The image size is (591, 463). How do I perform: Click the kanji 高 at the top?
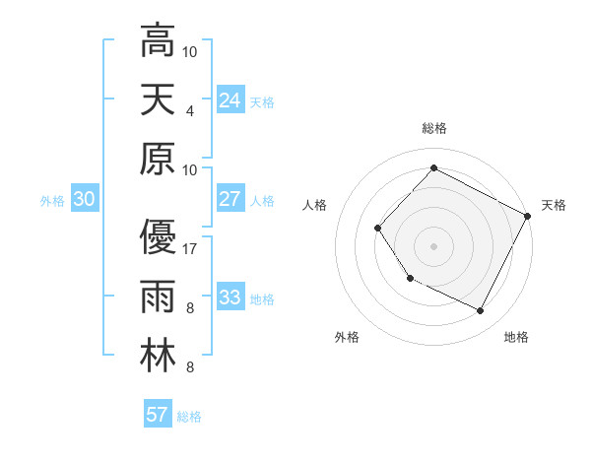coord(158,40)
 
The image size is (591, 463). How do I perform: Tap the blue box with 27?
coord(230,199)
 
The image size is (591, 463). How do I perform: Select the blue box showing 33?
coord(230,298)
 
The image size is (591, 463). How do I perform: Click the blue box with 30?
coord(85,199)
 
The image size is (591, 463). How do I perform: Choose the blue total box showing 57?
coord(158,415)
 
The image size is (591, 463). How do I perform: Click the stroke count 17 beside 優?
coord(191,249)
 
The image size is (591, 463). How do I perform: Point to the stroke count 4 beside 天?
coord(190,110)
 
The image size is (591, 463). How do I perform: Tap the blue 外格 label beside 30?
coord(52,200)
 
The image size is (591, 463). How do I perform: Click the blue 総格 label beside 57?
coord(189,416)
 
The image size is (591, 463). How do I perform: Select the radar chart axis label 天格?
coord(554,205)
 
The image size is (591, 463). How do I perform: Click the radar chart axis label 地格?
coord(516,337)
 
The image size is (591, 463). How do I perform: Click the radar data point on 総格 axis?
coord(433,167)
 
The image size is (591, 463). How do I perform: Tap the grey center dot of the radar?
coord(433,245)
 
